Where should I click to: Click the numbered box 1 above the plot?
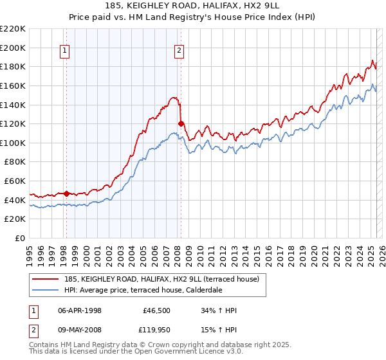pos(66,52)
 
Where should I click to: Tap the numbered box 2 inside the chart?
pos(179,52)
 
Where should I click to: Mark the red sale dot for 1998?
pos(66,193)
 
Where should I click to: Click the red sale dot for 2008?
pos(181,123)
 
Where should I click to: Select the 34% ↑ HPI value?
pos(219,311)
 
